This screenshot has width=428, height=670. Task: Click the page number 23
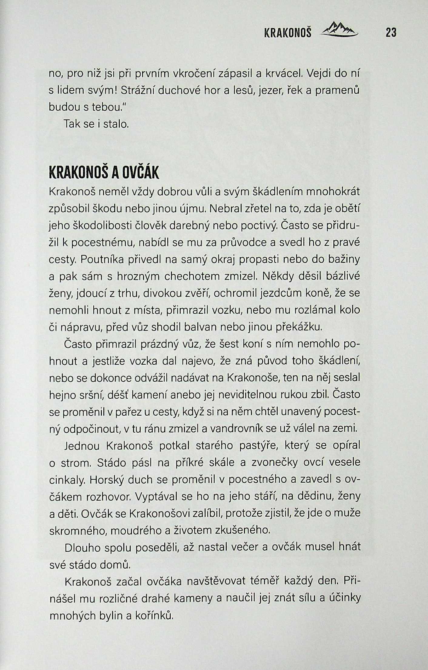391,32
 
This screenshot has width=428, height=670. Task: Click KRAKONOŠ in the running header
288,33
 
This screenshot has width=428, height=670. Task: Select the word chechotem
194,276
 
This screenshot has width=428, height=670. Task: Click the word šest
231,344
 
